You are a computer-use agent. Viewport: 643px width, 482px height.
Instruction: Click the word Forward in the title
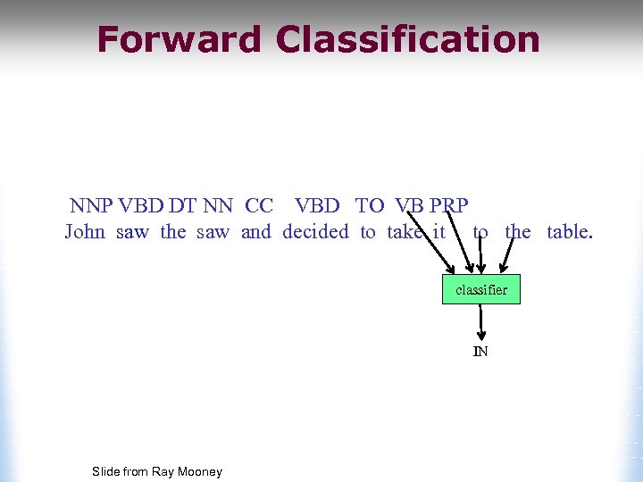pos(179,40)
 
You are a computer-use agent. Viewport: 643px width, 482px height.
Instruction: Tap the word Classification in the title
pos(408,40)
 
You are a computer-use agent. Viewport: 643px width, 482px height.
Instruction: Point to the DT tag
pos(182,206)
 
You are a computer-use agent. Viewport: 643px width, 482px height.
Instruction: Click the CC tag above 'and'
pos(258,206)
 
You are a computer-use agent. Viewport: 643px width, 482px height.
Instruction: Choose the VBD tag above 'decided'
pos(317,206)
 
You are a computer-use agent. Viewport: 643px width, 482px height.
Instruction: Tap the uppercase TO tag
pos(370,206)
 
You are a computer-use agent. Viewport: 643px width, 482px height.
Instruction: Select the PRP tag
pos(449,206)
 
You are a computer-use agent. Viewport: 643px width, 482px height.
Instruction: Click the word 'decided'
pos(316,233)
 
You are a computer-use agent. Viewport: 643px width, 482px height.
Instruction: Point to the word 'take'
pos(405,233)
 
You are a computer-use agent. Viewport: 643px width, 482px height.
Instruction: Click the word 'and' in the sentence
pos(255,233)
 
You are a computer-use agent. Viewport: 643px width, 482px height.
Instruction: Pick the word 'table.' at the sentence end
pos(570,233)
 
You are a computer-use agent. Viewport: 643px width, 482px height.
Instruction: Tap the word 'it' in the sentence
pos(438,233)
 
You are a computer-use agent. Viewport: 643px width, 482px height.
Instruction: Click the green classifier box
pos(480,289)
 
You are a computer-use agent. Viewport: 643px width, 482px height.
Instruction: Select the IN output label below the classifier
pos(480,352)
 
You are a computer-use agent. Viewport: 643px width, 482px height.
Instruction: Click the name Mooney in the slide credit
pos(199,471)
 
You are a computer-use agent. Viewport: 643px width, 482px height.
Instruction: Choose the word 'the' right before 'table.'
pos(518,233)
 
